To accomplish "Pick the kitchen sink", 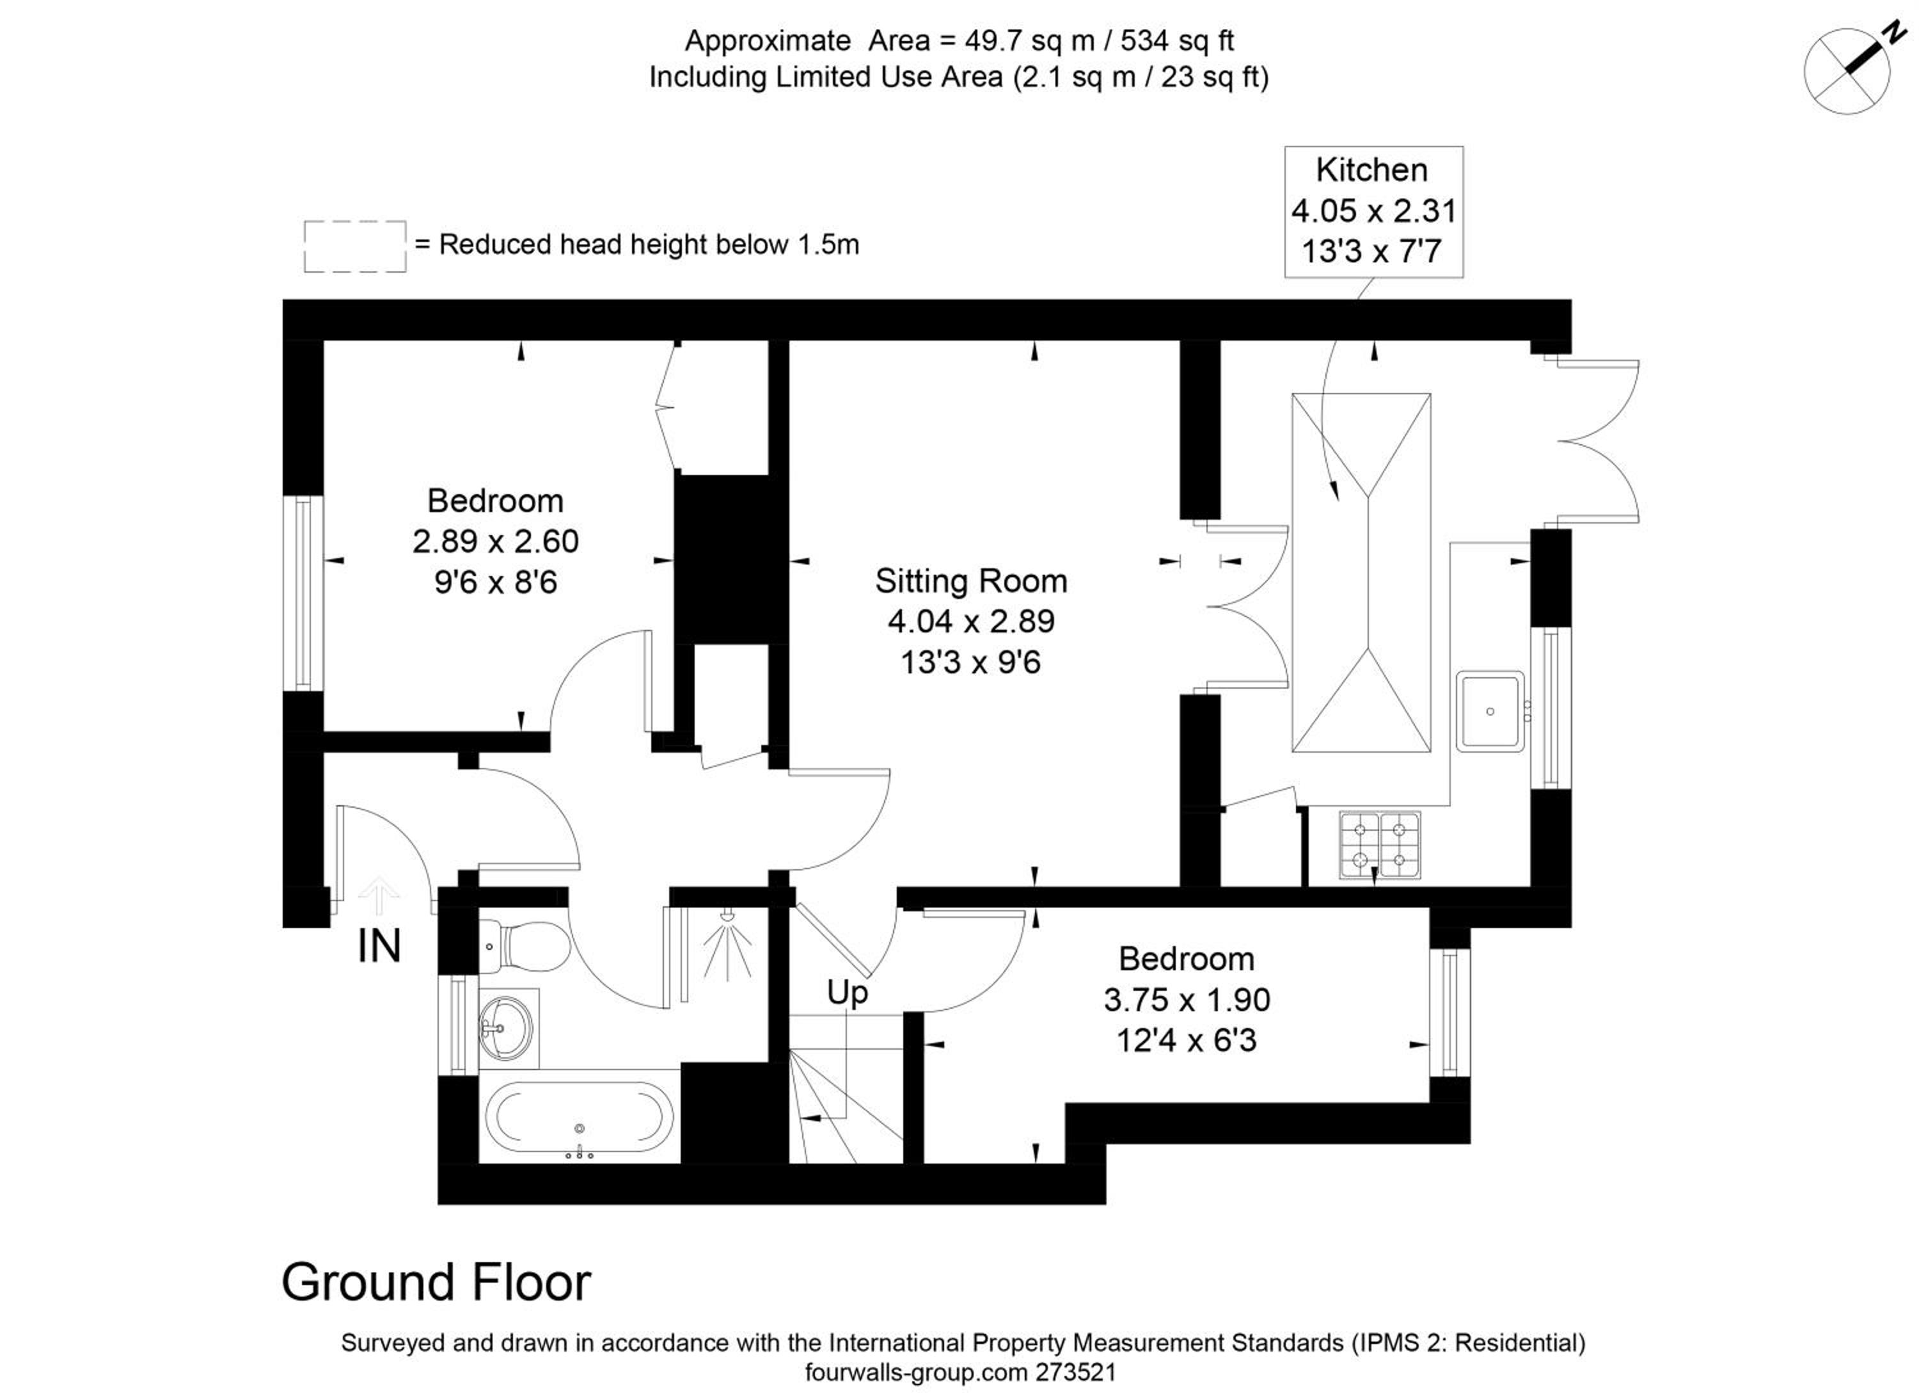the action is pyautogui.click(x=1490, y=711).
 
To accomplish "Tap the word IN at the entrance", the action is pyautogui.click(x=379, y=946).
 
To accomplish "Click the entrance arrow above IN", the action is pyautogui.click(x=379, y=895).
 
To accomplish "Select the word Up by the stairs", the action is pyautogui.click(x=847, y=993).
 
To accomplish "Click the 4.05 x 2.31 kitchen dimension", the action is pyautogui.click(x=1373, y=211).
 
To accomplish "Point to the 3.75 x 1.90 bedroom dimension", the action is pyautogui.click(x=1186, y=1000).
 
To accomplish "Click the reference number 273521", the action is pyautogui.click(x=1077, y=1372).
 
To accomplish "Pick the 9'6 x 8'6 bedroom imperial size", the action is pyautogui.click(x=496, y=582).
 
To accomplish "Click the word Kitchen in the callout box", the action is pyautogui.click(x=1371, y=170).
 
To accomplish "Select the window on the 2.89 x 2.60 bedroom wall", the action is pyautogui.click(x=304, y=593).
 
